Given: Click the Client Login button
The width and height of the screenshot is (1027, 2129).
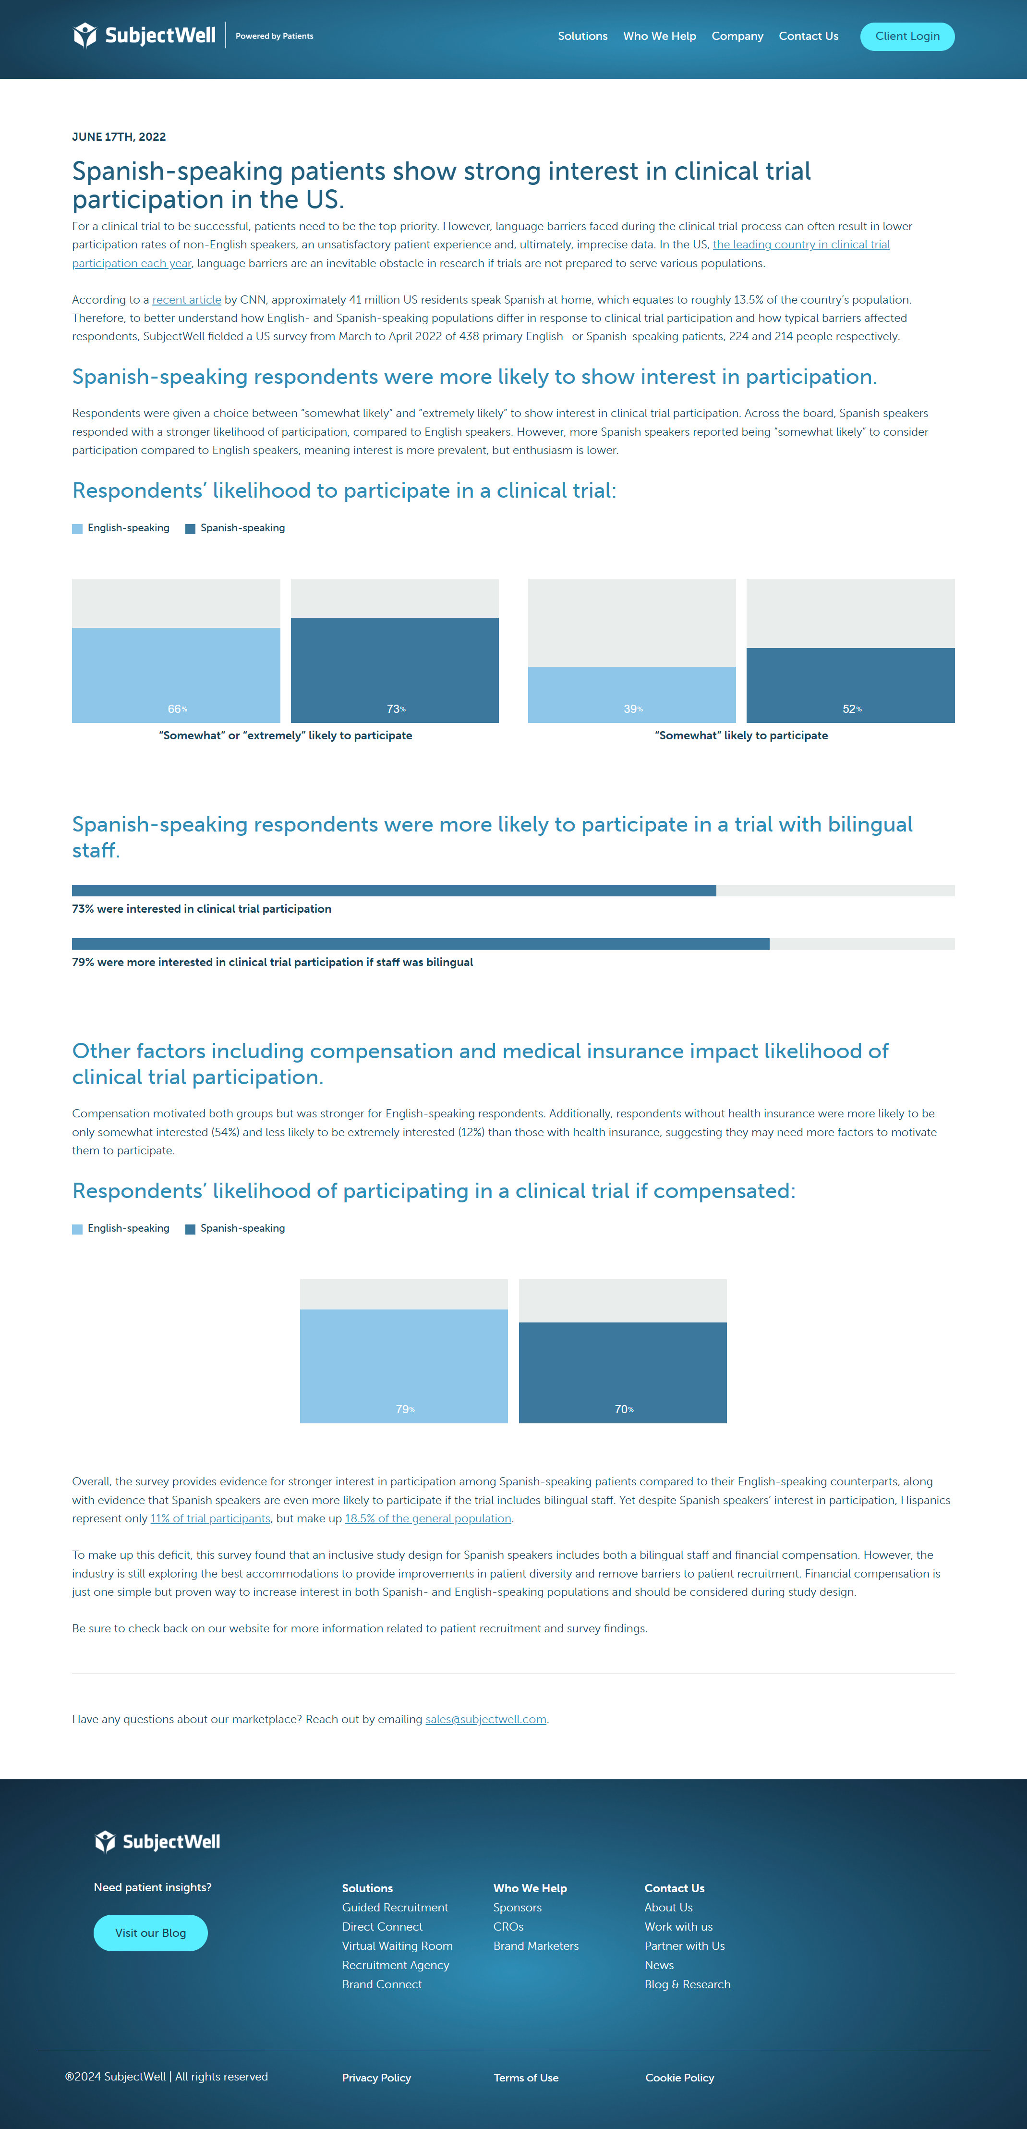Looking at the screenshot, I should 906,37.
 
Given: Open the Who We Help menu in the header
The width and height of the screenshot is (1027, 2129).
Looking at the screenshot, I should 659,37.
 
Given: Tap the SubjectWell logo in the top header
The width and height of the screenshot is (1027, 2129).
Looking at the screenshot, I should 145,36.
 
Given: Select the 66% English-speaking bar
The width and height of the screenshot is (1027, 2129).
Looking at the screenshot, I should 176,674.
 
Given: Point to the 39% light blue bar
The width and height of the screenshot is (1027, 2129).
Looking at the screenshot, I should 631,694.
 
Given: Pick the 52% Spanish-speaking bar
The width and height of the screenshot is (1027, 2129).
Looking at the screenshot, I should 850,685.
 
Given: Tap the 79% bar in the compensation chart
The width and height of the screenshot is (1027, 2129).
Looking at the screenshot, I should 403,1365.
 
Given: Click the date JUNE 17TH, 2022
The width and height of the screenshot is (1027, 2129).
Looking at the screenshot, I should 119,137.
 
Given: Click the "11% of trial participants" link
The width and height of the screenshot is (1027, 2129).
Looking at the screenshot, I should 210,1518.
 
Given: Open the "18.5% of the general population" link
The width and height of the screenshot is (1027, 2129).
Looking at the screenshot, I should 427,1518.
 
